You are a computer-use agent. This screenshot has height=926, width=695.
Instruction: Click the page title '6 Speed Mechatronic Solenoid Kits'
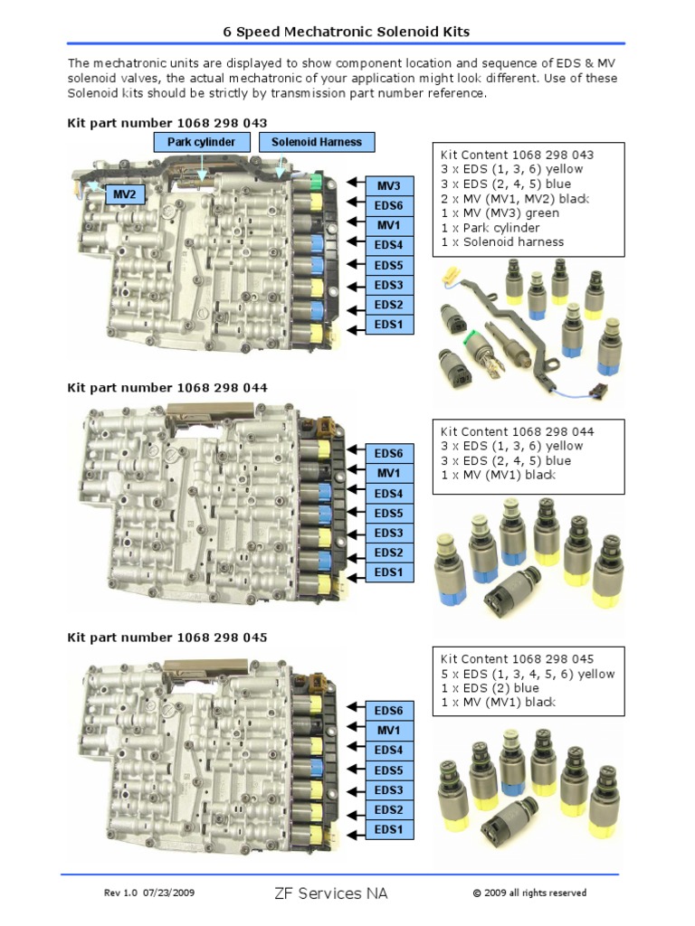point(347,32)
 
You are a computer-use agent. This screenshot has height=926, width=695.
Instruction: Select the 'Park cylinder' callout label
point(201,142)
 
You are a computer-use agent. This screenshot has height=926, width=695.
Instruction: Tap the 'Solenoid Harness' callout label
point(316,142)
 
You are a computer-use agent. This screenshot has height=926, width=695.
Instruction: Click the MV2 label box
point(124,194)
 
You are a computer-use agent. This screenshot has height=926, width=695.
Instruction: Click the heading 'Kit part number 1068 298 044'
point(167,388)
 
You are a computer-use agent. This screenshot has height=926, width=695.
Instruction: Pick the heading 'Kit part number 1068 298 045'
point(167,638)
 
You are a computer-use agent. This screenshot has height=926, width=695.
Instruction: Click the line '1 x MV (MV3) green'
point(500,213)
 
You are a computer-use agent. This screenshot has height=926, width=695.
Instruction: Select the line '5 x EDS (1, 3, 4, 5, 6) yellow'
point(528,674)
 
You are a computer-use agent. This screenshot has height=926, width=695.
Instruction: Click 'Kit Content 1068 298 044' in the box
point(517,431)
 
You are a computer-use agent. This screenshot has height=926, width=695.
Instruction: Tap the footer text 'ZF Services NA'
point(330,893)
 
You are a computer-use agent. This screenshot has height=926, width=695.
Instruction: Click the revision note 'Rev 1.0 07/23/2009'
point(149,893)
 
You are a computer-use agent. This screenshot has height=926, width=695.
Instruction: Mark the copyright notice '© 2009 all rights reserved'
point(529,893)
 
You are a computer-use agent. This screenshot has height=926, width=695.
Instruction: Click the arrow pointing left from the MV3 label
point(355,184)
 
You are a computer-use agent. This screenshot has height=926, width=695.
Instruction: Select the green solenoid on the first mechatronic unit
point(316,184)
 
